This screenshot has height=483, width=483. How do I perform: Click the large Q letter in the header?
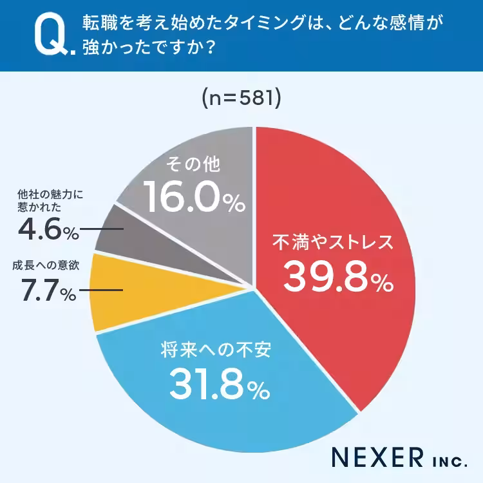tap(51, 36)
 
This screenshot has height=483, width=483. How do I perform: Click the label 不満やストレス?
tap(332, 243)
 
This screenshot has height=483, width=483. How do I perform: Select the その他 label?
tap(193, 165)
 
